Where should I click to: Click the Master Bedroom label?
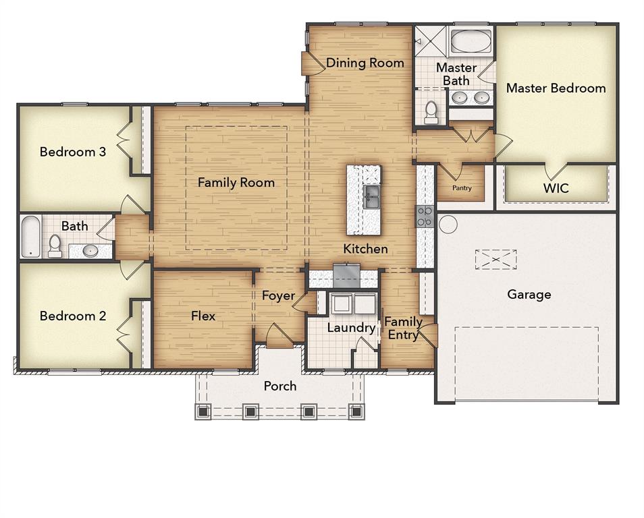tap(556, 88)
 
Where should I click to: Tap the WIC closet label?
tap(556, 188)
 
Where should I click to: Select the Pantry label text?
tap(462, 188)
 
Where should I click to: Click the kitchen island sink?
tap(371, 196)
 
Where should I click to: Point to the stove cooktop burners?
tap(425, 216)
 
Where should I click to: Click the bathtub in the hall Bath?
tap(30, 236)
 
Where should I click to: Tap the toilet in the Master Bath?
tap(431, 113)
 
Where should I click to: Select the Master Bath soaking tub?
tap(471, 41)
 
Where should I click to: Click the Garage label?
tap(529, 294)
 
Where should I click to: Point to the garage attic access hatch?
tap(495, 259)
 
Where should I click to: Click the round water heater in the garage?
tap(448, 224)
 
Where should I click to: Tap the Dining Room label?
tap(365, 63)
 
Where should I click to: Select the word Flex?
tap(203, 315)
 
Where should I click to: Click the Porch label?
tap(279, 386)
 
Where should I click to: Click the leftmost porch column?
tap(203, 411)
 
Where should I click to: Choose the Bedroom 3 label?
tap(72, 152)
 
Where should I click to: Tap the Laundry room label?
tap(351, 328)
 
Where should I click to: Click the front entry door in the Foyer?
tap(279, 337)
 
